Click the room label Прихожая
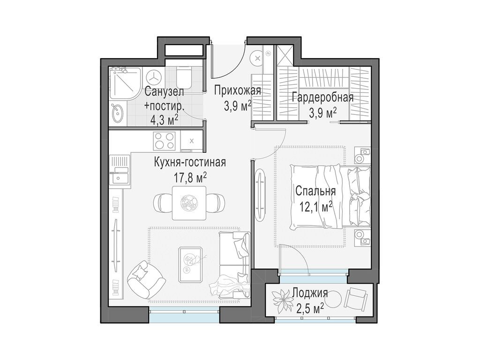click(238, 90)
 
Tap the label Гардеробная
click(322, 97)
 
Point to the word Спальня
click(315, 191)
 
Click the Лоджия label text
click(309, 294)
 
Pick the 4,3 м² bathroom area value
click(164, 119)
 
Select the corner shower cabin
click(125, 83)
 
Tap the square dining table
click(189, 202)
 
